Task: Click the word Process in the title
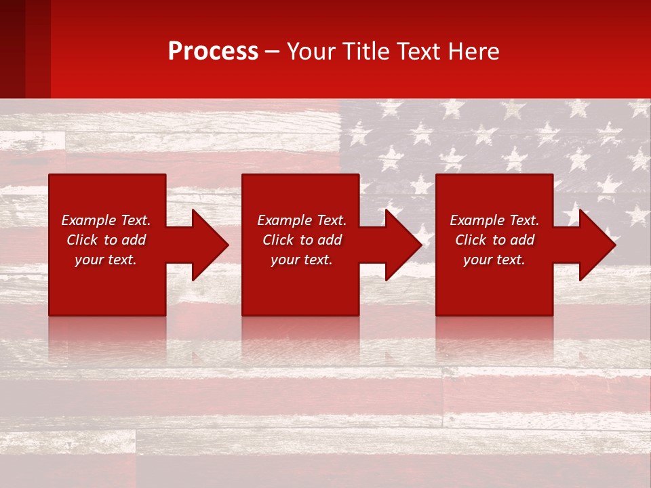coord(213,52)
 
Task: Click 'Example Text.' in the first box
coord(106,220)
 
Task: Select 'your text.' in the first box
coord(106,260)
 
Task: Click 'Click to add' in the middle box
coord(302,240)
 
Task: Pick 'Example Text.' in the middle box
coord(302,220)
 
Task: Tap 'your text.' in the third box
coord(494,260)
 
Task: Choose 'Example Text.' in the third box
coord(494,220)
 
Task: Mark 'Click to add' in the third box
coord(494,240)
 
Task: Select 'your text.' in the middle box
coord(302,260)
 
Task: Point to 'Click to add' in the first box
coord(106,240)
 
